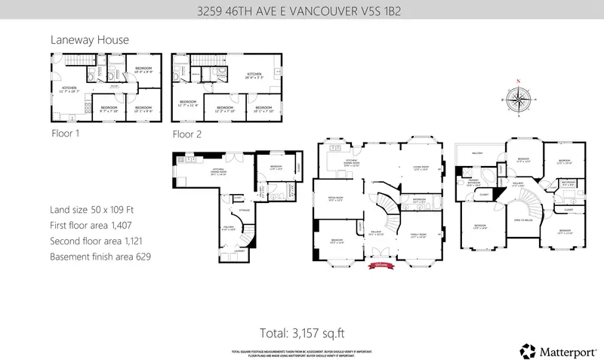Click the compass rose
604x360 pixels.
pos(518,98)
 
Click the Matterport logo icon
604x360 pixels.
pos(527,350)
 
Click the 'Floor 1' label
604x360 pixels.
pos(65,133)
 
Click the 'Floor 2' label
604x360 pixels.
pos(187,134)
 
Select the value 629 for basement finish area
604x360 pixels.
pos(143,257)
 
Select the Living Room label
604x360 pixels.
pos(421,167)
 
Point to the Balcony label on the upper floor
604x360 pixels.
pos(476,153)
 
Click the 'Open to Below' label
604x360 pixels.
pos(518,220)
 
